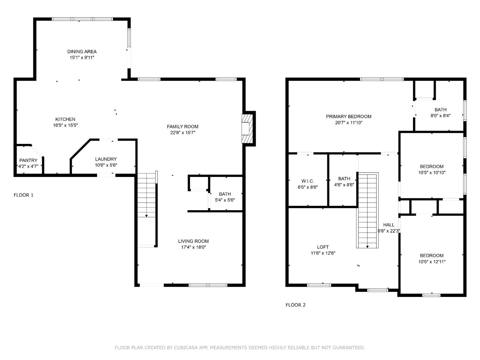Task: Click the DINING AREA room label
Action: pyautogui.click(x=82, y=52)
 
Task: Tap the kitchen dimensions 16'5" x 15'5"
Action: pyautogui.click(x=65, y=125)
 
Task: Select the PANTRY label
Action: pyautogui.click(x=28, y=160)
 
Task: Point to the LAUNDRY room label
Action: pyautogui.click(x=106, y=159)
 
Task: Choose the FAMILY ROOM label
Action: pyautogui.click(x=183, y=126)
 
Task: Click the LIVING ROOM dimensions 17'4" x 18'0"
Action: pyautogui.click(x=194, y=247)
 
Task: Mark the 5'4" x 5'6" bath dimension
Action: pyautogui.click(x=225, y=200)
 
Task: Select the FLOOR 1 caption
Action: pyautogui.click(x=23, y=195)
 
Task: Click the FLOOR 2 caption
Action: pyautogui.click(x=295, y=305)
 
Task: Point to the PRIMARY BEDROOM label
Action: pyautogui.click(x=348, y=116)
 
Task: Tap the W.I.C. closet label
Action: pyautogui.click(x=308, y=181)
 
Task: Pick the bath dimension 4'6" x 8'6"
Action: pyautogui.click(x=344, y=185)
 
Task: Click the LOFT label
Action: pyautogui.click(x=323, y=247)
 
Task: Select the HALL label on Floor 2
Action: pyautogui.click(x=389, y=225)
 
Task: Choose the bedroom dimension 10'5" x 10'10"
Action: pyautogui.click(x=432, y=172)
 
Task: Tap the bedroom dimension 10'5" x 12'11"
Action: pyautogui.click(x=432, y=262)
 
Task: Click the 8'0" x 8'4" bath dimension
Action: pyautogui.click(x=440, y=116)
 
